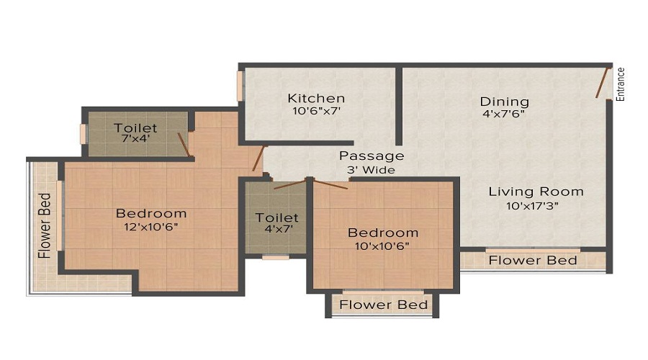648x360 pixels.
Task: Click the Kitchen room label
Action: [316, 98]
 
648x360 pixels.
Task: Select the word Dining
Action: [505, 102]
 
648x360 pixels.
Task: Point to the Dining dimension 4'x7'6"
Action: [505, 114]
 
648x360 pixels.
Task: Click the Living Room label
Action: [536, 192]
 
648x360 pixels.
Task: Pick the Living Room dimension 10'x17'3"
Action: [533, 205]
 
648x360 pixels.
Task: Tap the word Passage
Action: [372, 156]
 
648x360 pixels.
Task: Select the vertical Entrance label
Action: [621, 84]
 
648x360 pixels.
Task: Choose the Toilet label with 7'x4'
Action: [135, 128]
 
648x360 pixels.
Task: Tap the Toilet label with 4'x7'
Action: [276, 217]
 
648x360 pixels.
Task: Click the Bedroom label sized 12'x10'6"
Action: [151, 213]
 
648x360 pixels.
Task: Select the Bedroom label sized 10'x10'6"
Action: [382, 233]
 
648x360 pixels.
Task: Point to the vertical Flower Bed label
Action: [45, 225]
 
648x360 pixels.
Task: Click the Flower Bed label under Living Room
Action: [533, 260]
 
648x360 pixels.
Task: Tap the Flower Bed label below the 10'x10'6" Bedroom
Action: [384, 305]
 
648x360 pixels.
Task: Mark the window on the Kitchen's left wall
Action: [240, 86]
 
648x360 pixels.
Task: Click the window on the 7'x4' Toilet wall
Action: [84, 134]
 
